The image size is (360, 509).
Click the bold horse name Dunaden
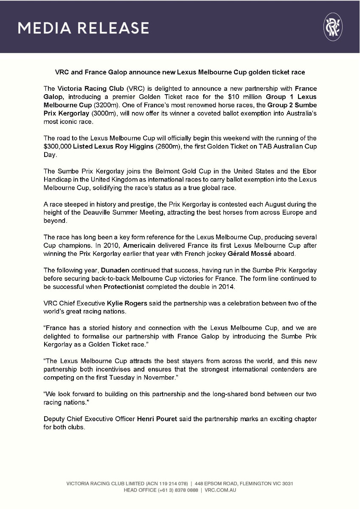[115, 270]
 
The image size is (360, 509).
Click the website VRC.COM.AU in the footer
[220, 490]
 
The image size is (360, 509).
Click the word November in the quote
[159, 378]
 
